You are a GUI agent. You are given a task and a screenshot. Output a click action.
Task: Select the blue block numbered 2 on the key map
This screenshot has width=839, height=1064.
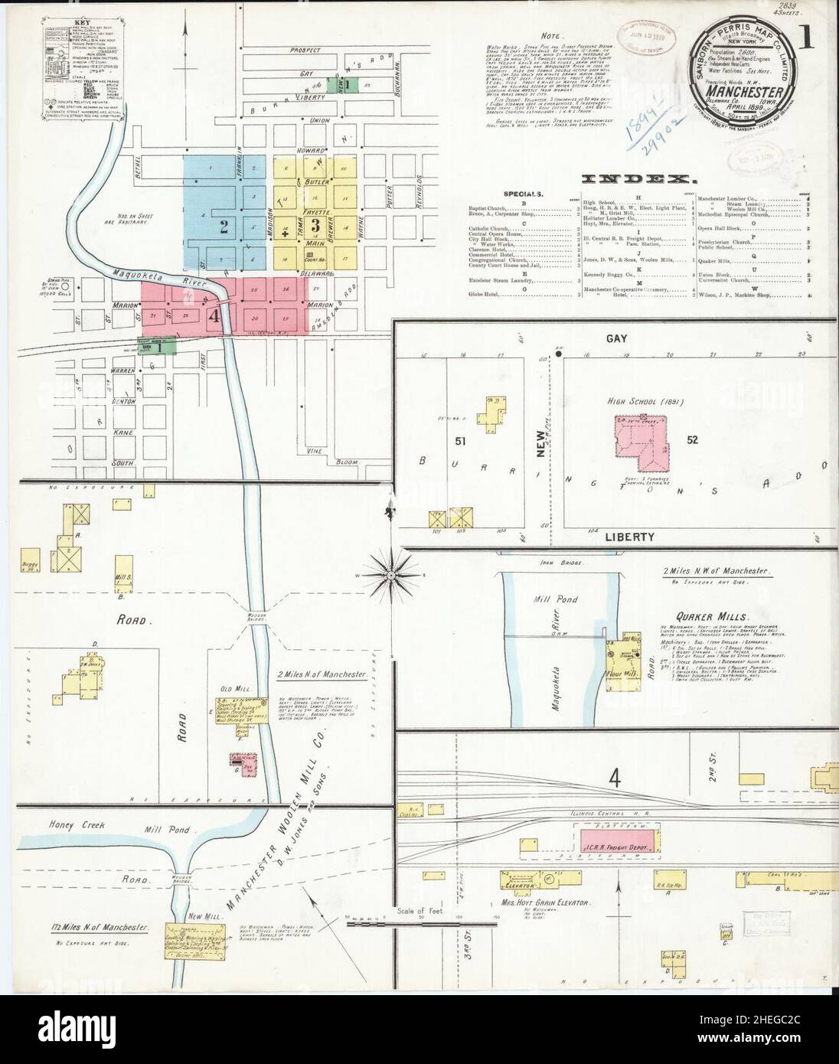pos(224,226)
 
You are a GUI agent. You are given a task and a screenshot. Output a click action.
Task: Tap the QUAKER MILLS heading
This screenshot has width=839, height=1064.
pos(700,617)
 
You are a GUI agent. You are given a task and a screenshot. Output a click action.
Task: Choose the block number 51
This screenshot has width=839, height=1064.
pos(439,441)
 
